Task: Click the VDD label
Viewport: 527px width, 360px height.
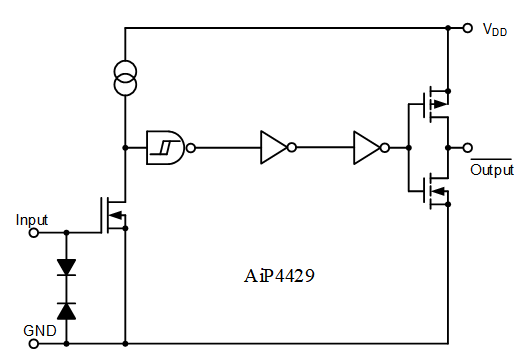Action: pos(495,30)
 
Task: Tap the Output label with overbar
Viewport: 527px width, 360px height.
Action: pos(491,169)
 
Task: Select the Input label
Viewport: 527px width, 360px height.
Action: pos(32,219)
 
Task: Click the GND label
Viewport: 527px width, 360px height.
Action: pos(40,330)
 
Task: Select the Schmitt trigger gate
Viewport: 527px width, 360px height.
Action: pos(165,147)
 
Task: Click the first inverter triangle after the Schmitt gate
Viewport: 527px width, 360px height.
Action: pos(272,147)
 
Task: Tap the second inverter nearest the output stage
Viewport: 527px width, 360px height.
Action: pos(366,147)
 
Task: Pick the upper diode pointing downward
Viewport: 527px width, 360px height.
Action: pos(67,267)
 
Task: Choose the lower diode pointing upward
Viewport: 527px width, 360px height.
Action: pos(67,310)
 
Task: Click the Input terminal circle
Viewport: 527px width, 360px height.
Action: pos(33,233)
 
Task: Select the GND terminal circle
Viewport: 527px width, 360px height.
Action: pos(33,345)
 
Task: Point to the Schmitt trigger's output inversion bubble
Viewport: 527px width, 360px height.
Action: pos(190,147)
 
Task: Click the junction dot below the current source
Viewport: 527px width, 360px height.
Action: pos(126,147)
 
